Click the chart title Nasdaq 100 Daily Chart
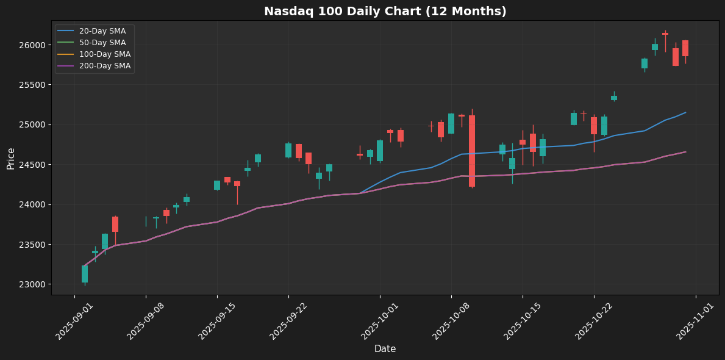pos(385,12)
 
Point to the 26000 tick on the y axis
pos(32,45)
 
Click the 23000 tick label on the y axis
pos(32,284)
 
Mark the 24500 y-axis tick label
pos(32,165)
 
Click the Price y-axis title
pos(11,158)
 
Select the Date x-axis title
pos(385,349)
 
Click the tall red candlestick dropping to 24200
pos(472,151)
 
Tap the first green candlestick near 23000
pos(85,274)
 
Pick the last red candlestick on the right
pos(685,48)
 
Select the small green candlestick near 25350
pos(614,98)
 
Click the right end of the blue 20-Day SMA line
pos(685,112)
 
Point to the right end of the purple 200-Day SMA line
pos(685,152)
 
